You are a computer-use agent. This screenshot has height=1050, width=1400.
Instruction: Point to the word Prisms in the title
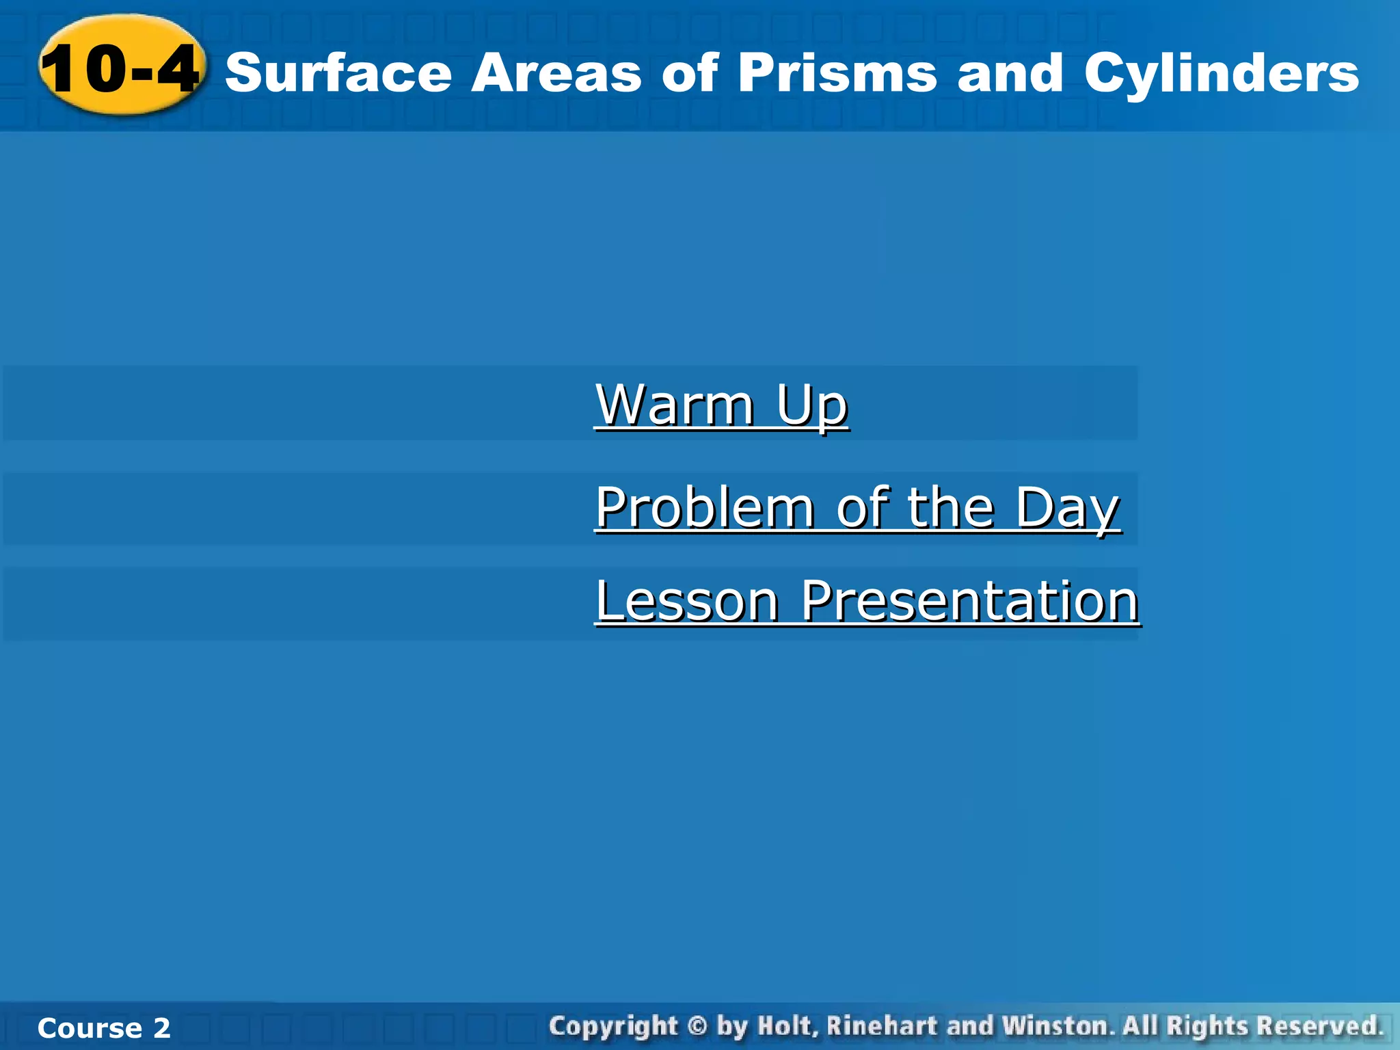pos(837,73)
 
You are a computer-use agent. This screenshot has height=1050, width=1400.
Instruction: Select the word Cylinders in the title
pos(1221,73)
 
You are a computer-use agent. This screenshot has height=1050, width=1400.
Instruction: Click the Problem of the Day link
pos(857,508)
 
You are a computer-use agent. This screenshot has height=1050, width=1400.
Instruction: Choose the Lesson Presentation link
pos(867,601)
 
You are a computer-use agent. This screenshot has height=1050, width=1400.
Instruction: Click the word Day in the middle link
pos(1067,508)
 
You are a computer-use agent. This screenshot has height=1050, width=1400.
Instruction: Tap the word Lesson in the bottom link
pos(687,601)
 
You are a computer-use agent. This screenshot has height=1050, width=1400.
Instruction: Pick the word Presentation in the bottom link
pos(969,601)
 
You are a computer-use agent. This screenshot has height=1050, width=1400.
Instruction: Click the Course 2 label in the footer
pos(104,1028)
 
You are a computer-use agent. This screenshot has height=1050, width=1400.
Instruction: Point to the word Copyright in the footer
pos(613,1026)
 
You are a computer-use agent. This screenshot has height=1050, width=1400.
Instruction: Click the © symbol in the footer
pos(697,1026)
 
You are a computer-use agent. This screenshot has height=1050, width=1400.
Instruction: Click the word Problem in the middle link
pos(705,508)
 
